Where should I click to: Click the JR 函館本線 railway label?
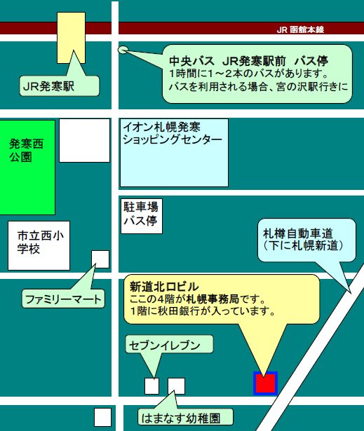coord(300,29)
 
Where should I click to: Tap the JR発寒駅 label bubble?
coord(59,86)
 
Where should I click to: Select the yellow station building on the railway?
coord(71,38)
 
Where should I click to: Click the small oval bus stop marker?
coord(123,50)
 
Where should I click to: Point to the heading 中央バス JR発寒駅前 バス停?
coord(248,61)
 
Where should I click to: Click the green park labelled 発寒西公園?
coord(27,167)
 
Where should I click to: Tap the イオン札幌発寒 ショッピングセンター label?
coord(173,133)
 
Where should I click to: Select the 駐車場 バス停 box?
coord(142,216)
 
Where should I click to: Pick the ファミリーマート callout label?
coord(63,299)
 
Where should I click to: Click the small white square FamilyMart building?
coord(100,259)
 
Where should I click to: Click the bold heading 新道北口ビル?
coord(164,287)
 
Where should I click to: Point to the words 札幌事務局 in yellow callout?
coord(213,299)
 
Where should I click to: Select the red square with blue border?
coord(265,383)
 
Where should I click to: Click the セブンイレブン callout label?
coord(169,344)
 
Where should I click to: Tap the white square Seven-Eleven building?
coord(152,386)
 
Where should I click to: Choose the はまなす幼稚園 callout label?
coord(185,418)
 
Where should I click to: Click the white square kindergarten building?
coord(176,386)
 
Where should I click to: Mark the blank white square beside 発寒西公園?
coord(84,140)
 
